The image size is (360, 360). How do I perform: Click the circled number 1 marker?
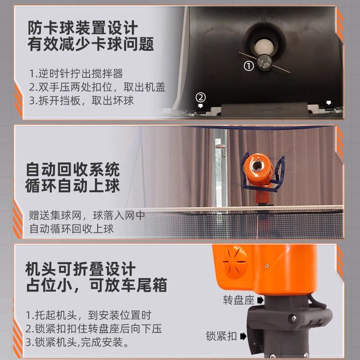(249, 66)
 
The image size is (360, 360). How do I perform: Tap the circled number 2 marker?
(201, 97)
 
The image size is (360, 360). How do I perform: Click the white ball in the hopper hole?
(264, 47)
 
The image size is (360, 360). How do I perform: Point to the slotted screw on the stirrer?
(265, 62)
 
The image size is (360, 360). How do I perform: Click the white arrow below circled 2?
(201, 105)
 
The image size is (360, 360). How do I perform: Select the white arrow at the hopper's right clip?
(329, 103)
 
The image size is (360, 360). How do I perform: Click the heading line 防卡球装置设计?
(83, 28)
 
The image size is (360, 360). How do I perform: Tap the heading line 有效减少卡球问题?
(91, 44)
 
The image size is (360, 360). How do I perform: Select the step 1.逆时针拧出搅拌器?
(76, 73)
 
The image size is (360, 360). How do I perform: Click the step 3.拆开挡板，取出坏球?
(81, 100)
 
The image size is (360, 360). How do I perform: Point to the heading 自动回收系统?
(73, 170)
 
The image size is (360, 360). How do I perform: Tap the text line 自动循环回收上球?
(72, 229)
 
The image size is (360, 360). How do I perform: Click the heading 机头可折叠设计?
(81, 269)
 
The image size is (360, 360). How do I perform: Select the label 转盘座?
(238, 300)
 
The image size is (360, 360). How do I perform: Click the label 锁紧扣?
(221, 336)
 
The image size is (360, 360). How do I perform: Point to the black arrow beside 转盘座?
(261, 300)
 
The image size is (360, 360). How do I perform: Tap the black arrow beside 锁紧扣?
(243, 336)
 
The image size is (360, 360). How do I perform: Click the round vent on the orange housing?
(234, 262)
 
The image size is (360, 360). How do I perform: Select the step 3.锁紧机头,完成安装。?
(77, 342)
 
